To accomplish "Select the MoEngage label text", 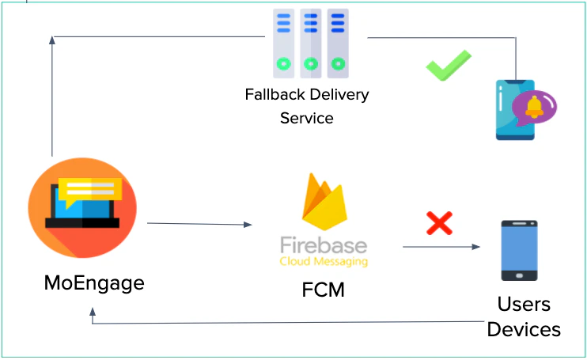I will (x=94, y=282).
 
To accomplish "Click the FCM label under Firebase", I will (x=324, y=289).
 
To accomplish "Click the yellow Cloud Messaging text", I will (x=324, y=261).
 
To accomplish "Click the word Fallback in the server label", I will (x=271, y=96).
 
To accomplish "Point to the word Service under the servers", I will (x=307, y=119).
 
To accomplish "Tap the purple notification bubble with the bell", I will (x=534, y=106).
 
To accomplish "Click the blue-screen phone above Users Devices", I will (x=519, y=250).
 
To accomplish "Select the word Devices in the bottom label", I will (x=524, y=329).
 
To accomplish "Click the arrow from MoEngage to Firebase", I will (x=199, y=225).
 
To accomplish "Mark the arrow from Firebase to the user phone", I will (x=441, y=247).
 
